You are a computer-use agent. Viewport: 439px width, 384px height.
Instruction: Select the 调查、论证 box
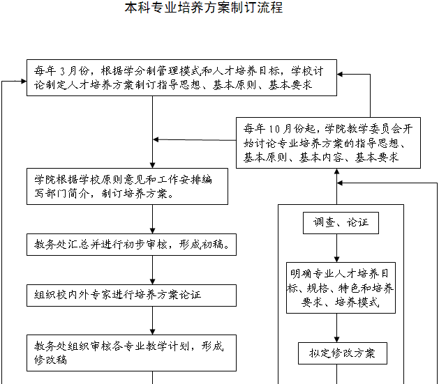336,223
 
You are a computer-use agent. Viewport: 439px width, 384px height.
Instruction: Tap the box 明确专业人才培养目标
341,288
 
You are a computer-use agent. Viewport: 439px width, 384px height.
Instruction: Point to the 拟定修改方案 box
342,353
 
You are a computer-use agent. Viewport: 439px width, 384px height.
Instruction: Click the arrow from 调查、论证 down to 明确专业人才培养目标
336,248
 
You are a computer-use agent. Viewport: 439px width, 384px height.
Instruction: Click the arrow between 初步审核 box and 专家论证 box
153,270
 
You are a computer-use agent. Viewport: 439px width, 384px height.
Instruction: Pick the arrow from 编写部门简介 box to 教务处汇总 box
153,219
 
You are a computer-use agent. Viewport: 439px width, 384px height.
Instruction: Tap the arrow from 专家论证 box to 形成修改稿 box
153,320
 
